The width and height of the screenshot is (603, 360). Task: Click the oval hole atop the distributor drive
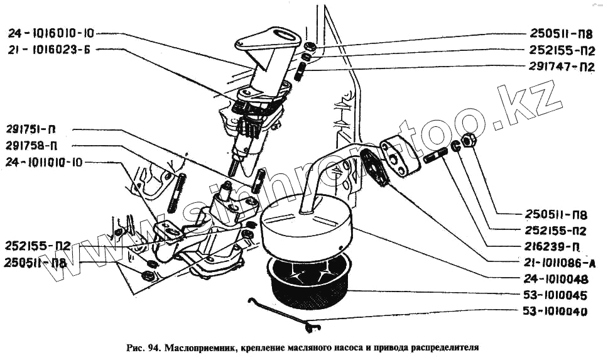click(x=281, y=36)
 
